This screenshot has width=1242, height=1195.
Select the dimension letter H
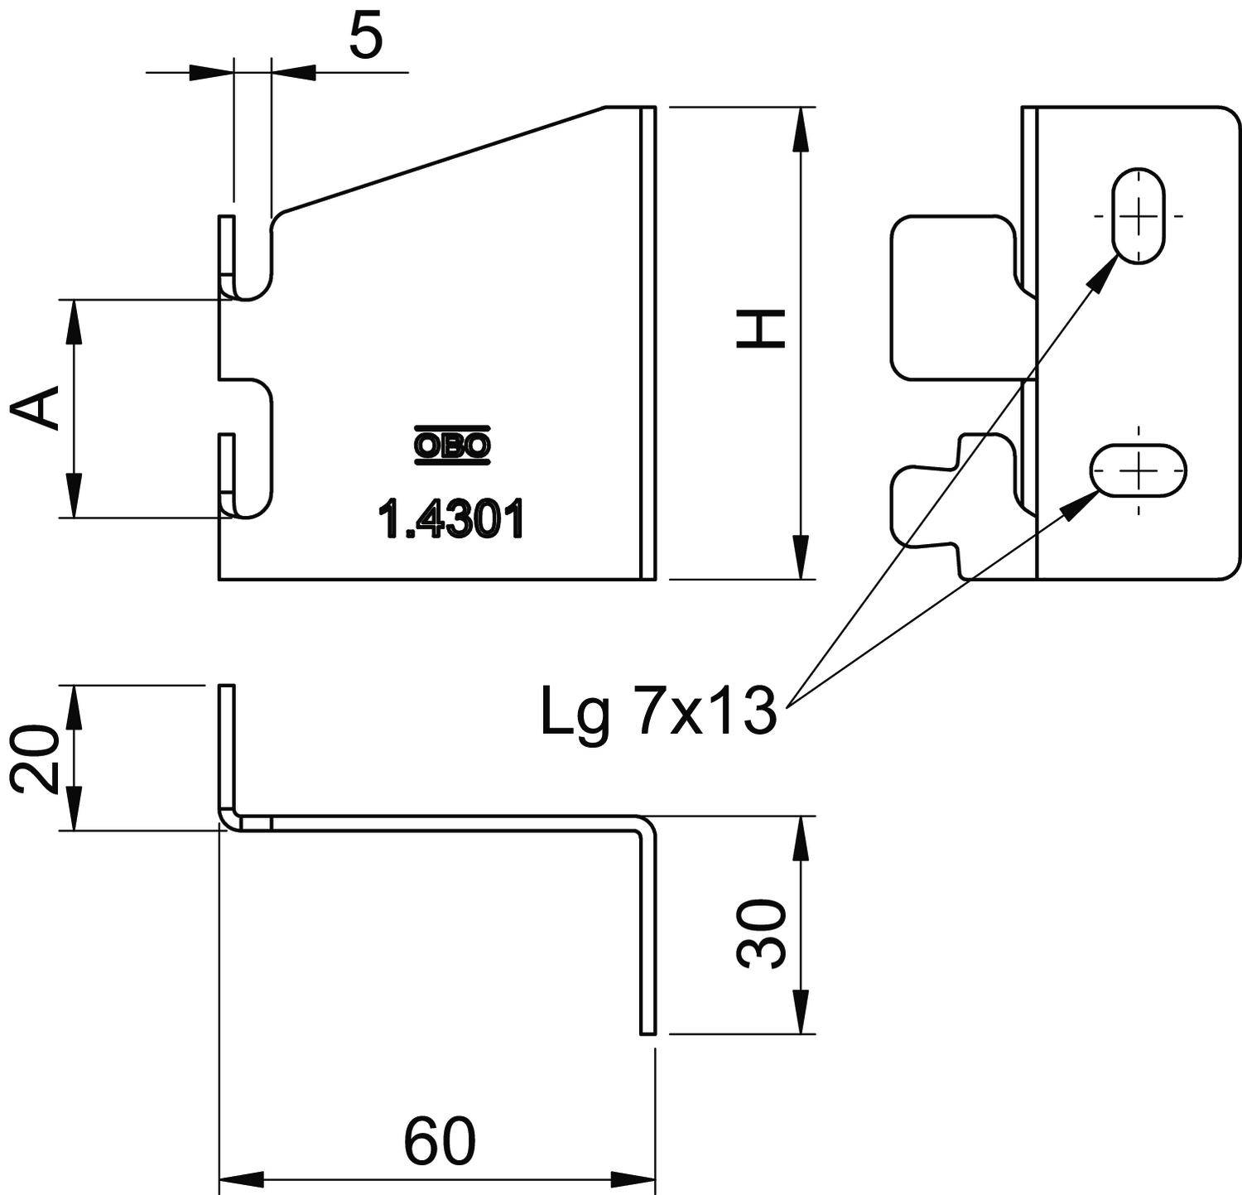click(761, 330)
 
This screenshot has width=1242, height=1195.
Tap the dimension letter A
click(36, 407)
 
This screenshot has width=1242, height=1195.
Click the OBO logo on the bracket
click(451, 446)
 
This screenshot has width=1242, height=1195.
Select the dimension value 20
click(35, 759)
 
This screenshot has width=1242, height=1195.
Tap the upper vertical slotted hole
click(1138, 215)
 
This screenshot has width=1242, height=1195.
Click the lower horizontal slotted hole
click(1138, 470)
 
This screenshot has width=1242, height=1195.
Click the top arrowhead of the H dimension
click(800, 128)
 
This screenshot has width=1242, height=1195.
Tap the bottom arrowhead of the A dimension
click(74, 497)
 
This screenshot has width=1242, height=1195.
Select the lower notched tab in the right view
click(952, 505)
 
